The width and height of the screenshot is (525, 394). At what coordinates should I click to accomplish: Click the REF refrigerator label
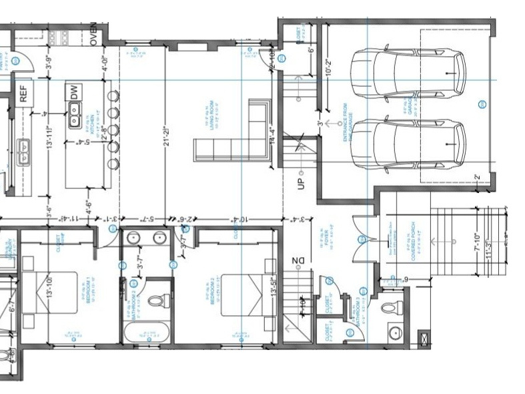tap(23, 93)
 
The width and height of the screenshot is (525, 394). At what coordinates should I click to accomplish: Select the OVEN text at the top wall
tap(94, 33)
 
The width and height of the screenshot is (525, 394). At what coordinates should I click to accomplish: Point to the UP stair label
tap(301, 181)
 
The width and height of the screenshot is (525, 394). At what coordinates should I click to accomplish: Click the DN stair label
tap(296, 262)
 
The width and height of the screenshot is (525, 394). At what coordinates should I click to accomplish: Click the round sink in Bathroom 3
tap(394, 332)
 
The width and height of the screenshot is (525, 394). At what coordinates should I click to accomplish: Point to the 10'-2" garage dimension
tap(329, 65)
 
